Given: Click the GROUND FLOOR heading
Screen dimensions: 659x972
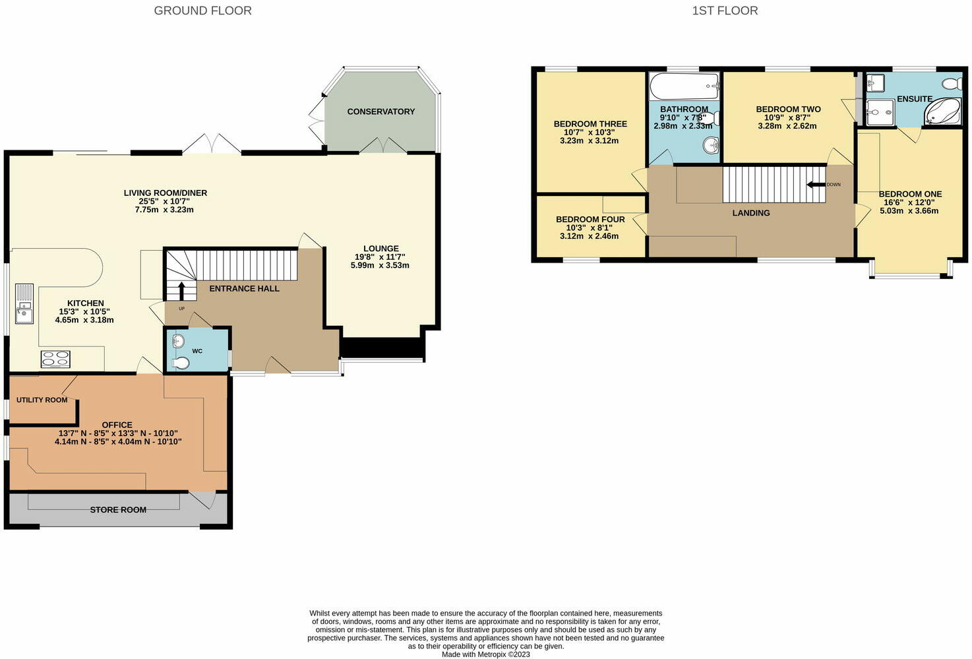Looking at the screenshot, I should pyautogui.click(x=202, y=11).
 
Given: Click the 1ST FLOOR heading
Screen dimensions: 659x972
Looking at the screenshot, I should pyautogui.click(x=725, y=11).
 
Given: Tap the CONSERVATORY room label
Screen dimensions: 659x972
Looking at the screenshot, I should pyautogui.click(x=380, y=111).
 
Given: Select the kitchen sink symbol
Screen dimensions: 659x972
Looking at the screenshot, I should pyautogui.click(x=24, y=304).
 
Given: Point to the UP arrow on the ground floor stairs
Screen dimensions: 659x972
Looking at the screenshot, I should pyautogui.click(x=181, y=291).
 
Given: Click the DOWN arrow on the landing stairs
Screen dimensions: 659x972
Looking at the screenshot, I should pyautogui.click(x=816, y=185).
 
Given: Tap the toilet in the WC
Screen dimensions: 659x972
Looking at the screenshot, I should pyautogui.click(x=180, y=363).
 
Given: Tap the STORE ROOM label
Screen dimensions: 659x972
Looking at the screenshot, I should pyautogui.click(x=118, y=510).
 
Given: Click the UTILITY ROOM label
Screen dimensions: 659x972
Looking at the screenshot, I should pyautogui.click(x=42, y=400).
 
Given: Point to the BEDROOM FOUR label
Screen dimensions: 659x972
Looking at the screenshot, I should pyautogui.click(x=590, y=220).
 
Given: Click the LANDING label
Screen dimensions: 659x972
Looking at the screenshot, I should pyautogui.click(x=751, y=213).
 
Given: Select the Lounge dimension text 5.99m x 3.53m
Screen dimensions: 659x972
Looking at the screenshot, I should pyautogui.click(x=380, y=266).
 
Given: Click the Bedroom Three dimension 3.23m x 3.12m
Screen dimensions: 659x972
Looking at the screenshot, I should pyautogui.click(x=590, y=141).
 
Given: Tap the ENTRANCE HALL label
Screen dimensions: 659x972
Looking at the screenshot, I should pyautogui.click(x=244, y=288).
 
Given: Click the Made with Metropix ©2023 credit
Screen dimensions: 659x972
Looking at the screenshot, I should pyautogui.click(x=485, y=654).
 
